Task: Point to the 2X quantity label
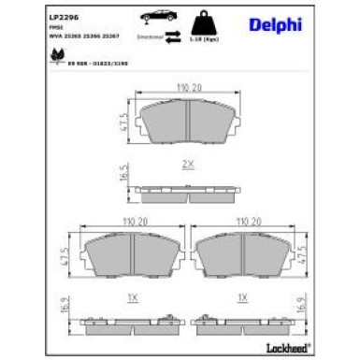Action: pos(188,164)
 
